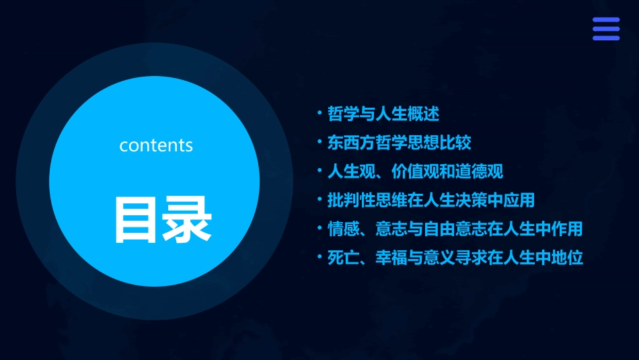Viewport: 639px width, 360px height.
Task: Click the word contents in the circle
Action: click(156, 145)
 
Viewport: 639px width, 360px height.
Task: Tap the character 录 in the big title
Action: click(186, 219)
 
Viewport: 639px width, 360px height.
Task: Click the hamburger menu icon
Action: click(605, 29)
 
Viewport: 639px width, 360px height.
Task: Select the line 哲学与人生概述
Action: click(383, 114)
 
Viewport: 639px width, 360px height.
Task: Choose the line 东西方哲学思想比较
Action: click(400, 143)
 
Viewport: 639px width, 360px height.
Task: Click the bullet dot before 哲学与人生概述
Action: click(320, 113)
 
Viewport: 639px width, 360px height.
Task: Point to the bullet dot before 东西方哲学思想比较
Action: click(320, 142)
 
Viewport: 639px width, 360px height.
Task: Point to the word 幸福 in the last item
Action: click(391, 258)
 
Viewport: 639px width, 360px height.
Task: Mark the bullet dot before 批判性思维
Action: click(320, 200)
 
